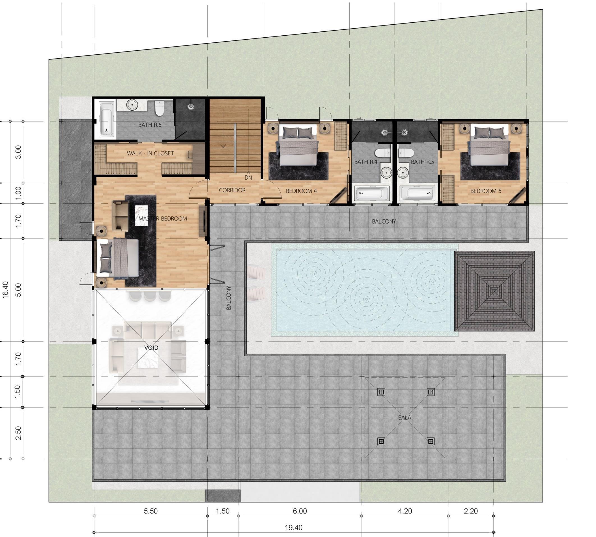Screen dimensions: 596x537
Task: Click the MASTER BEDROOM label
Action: (162, 219)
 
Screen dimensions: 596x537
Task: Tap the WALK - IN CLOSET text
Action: (150, 153)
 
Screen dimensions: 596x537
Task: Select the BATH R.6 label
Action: (150, 125)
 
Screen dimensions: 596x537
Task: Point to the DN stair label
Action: (248, 178)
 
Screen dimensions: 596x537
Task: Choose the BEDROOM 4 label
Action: (301, 191)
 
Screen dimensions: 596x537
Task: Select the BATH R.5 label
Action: (422, 162)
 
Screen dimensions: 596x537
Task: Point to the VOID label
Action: (151, 348)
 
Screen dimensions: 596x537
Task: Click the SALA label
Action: (405, 417)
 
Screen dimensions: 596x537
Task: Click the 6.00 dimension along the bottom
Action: (300, 511)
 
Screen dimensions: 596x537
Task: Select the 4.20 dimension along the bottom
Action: (405, 511)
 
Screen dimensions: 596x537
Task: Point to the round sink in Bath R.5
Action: (403, 172)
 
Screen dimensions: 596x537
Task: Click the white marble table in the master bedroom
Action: (141, 216)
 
